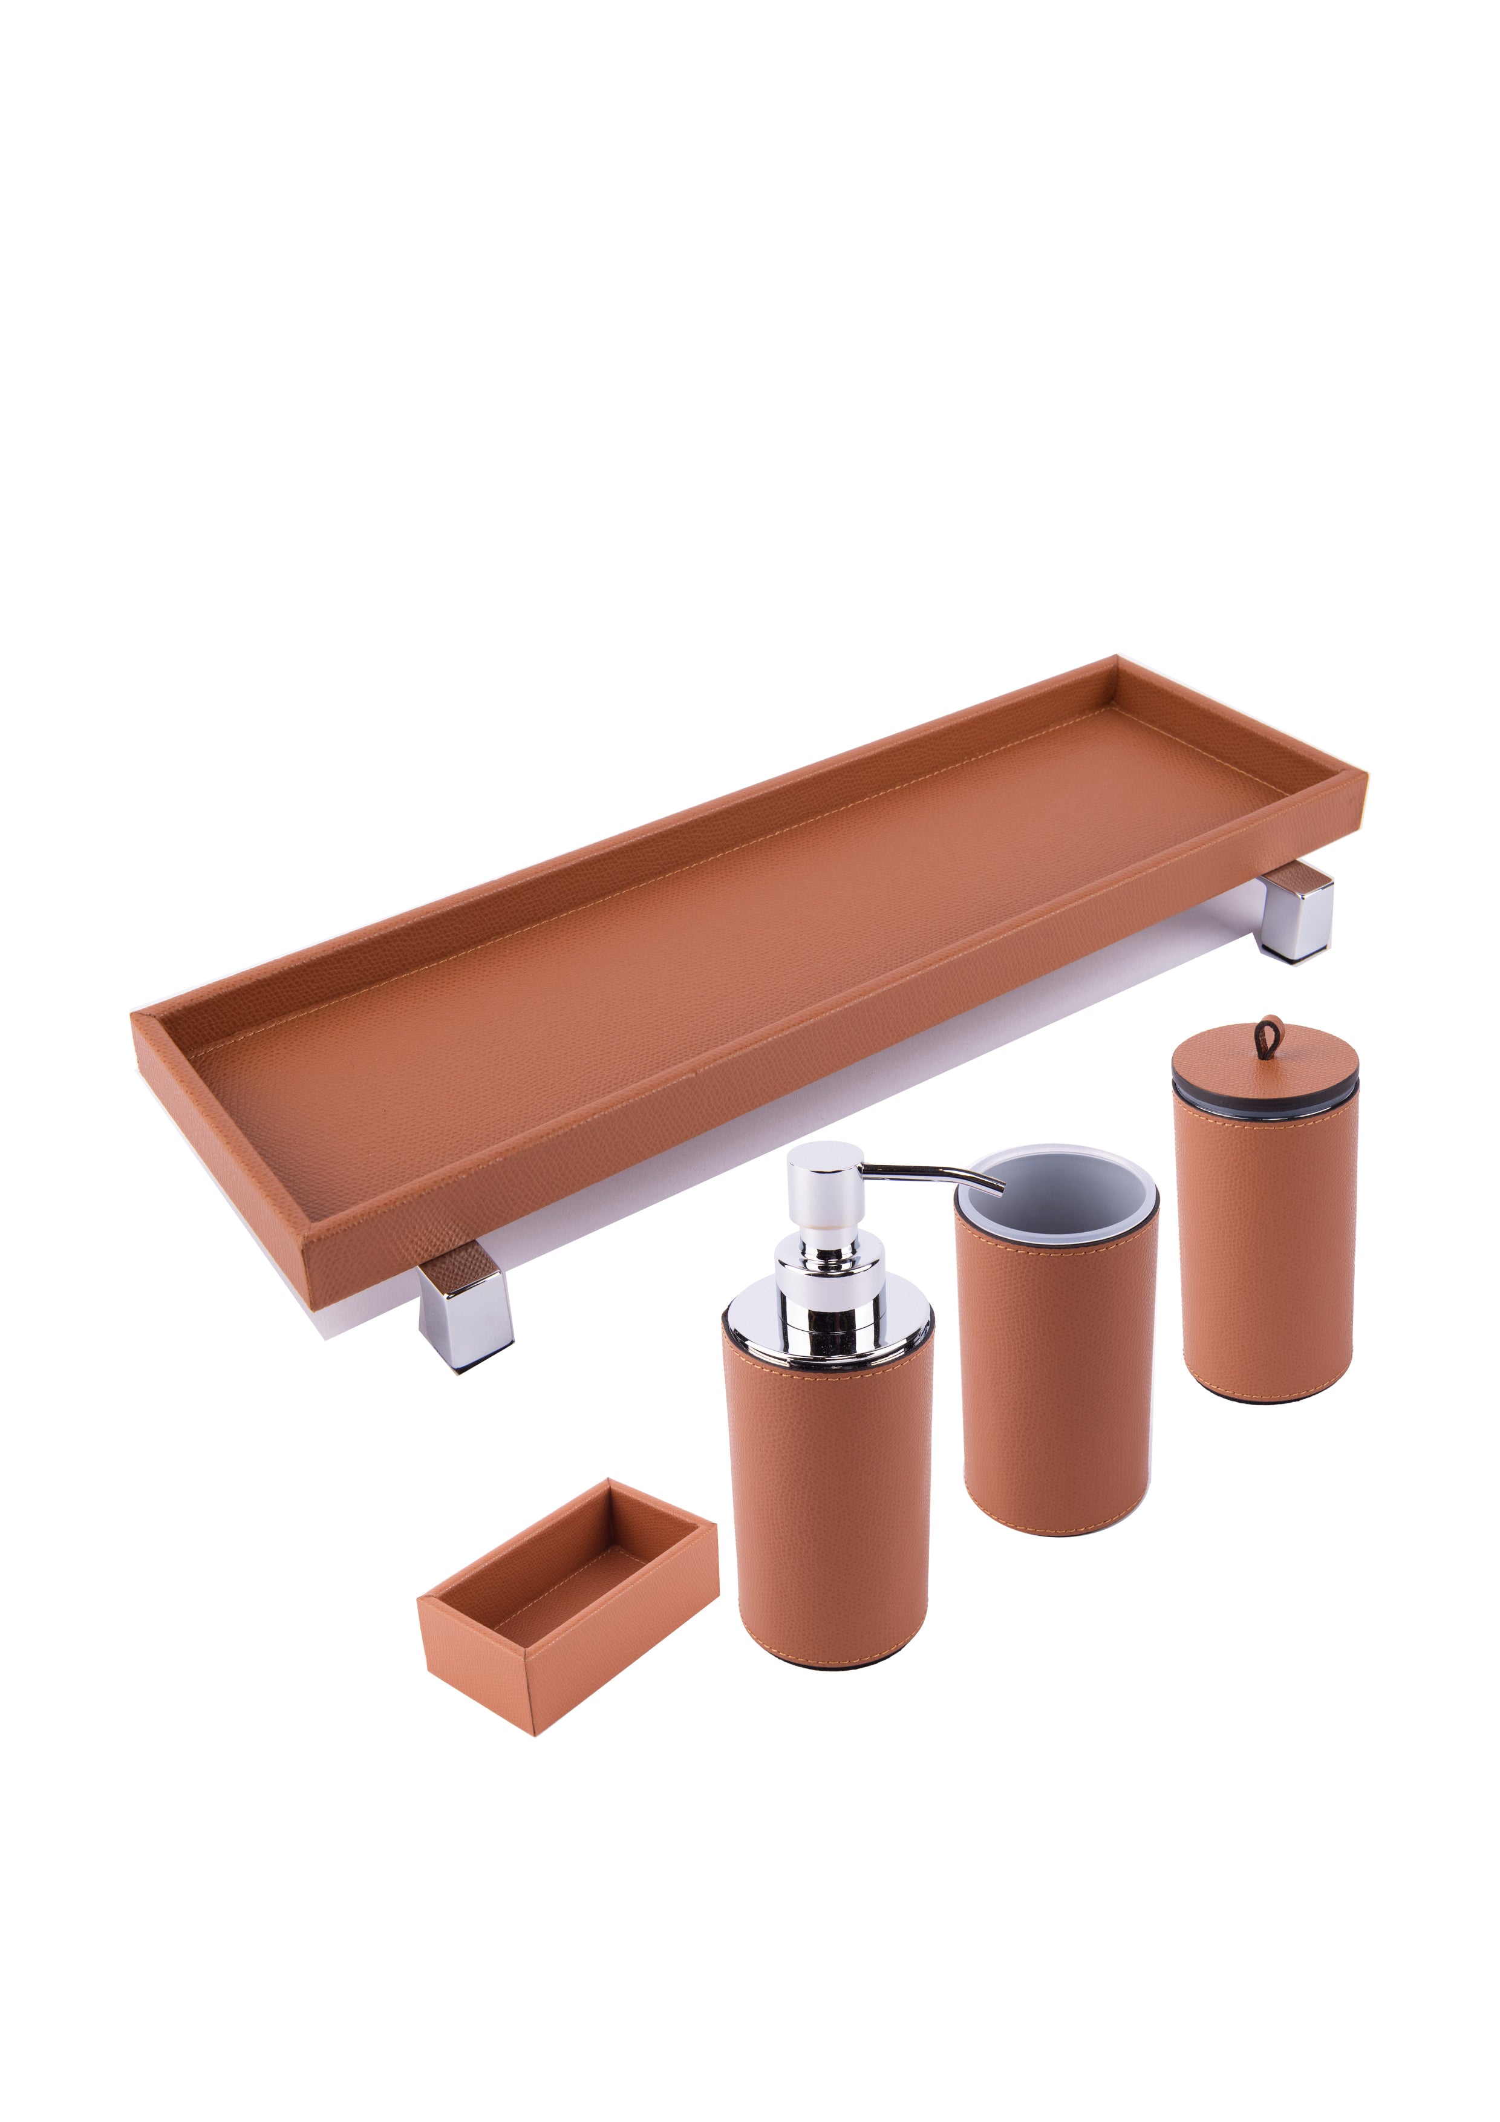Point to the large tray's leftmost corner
pyautogui.click(x=134, y=1017)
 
